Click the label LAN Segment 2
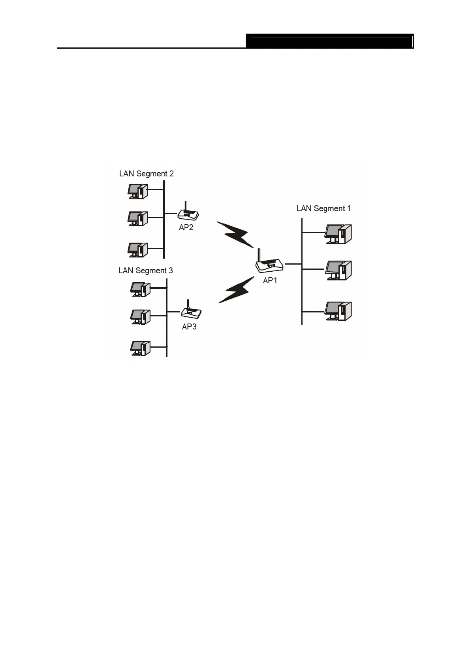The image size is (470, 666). (146, 174)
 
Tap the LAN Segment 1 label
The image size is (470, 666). (323, 208)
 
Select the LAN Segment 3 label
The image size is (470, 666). (145, 271)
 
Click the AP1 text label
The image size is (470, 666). (270, 280)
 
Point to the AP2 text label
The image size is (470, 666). (186, 227)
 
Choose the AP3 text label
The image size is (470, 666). (189, 327)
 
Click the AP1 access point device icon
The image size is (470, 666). (270, 265)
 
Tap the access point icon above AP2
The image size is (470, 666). (188, 214)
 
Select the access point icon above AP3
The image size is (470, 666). (192, 312)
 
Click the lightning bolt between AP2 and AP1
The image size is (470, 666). (236, 235)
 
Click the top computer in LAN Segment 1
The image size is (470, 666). (338, 234)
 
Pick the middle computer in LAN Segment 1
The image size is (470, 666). (338, 271)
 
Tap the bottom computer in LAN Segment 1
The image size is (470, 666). (338, 311)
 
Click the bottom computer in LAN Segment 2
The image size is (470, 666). (138, 250)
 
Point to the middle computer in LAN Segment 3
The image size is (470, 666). (141, 316)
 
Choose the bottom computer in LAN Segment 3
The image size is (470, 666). (141, 348)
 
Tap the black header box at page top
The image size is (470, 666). (330, 41)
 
